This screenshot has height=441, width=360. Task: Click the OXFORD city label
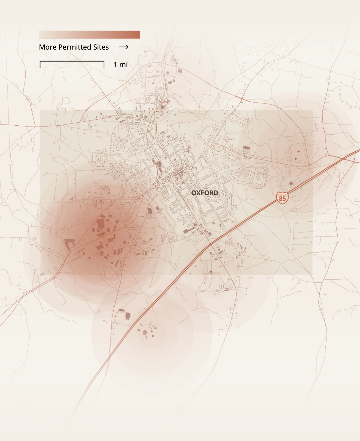pos(205,193)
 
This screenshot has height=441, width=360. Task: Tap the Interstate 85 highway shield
pos(282,197)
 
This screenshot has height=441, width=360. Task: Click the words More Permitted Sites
pos(74,47)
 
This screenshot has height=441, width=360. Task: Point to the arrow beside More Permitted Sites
pos(124,47)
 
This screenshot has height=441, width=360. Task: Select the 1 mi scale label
pos(120,65)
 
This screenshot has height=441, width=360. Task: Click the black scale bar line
pos(72,61)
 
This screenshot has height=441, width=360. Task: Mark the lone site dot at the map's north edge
pos(176,63)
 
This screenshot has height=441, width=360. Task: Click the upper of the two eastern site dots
pos(298,151)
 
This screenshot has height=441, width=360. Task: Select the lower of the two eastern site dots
pos(295,158)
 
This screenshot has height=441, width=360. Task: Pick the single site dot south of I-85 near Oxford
pos(210,271)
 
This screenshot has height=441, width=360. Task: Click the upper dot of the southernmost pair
pos(152,331)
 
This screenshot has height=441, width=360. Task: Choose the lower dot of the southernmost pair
pos(153,336)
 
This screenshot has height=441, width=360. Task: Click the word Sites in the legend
pos(101,47)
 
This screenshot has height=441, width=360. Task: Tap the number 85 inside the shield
pos(282,198)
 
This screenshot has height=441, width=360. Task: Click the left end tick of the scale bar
pos(40,65)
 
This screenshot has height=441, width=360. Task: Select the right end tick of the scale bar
pos(104,65)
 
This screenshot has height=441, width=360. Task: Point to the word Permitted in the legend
pos(75,47)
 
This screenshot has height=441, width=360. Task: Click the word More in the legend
pos(48,47)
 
